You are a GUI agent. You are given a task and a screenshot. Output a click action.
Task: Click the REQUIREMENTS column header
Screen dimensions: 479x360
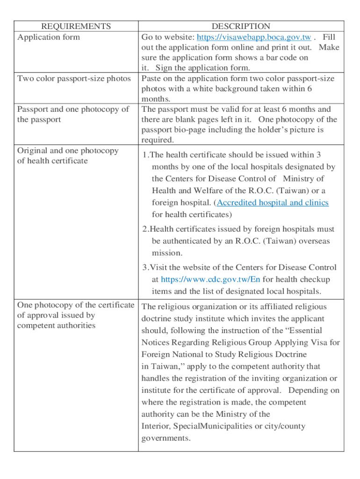tap(76, 26)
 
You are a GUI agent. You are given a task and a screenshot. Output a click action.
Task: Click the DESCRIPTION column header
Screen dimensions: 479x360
tap(241, 26)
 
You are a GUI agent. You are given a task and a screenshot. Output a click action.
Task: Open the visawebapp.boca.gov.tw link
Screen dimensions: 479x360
tap(254, 37)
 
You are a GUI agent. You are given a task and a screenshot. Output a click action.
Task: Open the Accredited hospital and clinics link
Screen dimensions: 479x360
tap(273, 203)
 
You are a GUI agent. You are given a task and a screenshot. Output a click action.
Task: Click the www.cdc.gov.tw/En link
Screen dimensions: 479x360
tap(210, 279)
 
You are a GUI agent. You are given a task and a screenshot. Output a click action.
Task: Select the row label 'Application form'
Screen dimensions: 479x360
tap(49, 37)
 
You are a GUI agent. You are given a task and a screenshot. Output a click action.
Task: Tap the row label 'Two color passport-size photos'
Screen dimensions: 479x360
tap(74, 78)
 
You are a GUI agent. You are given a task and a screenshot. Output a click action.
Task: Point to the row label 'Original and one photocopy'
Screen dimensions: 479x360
tap(68, 151)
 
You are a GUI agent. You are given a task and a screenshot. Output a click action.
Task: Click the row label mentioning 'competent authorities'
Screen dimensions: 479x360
tap(56, 326)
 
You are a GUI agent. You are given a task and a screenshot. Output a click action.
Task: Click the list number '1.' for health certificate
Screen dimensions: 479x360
tap(146, 155)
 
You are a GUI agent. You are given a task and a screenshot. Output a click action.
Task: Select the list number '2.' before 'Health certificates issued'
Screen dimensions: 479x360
tap(146, 229)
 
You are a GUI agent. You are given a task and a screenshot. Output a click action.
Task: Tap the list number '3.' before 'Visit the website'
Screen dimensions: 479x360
tap(146, 268)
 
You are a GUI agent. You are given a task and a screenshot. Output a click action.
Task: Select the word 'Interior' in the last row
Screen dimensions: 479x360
tap(156, 426)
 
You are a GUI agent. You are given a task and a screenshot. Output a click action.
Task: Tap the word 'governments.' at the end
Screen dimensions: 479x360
tap(166, 438)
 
